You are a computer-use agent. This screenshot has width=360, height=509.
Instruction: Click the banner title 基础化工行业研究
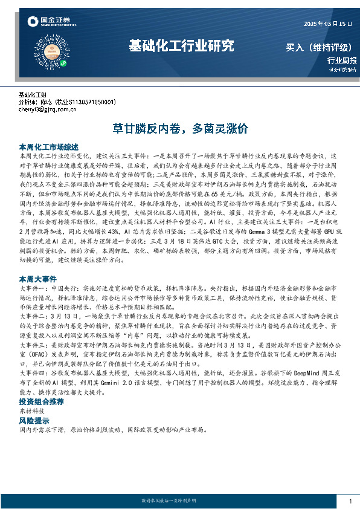(181, 46)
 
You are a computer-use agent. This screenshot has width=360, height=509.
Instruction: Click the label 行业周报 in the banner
(341, 60)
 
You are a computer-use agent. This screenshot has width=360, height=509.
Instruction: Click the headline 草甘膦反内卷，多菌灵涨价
(181, 129)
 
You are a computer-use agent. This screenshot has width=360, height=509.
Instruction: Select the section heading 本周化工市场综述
(49, 146)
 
